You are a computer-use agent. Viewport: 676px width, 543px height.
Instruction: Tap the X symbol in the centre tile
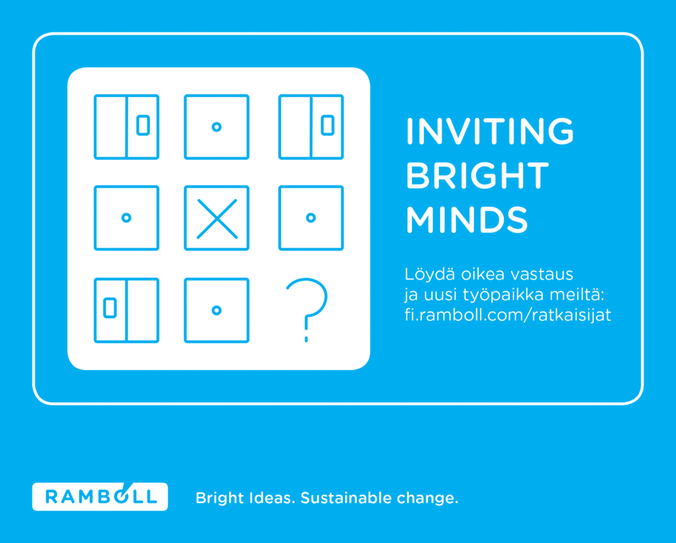click(217, 218)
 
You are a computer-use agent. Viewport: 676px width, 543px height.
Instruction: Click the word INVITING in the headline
click(490, 131)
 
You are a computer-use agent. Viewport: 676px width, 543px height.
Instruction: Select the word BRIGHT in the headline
click(477, 176)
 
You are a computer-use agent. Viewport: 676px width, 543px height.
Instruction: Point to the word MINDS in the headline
click(467, 219)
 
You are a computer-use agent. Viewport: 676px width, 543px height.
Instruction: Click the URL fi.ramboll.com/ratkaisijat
click(508, 315)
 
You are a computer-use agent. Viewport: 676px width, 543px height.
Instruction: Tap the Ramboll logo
click(100, 496)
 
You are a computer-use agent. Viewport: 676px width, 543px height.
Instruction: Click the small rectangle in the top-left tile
click(143, 125)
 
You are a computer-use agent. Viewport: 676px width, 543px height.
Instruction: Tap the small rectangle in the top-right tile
click(327, 125)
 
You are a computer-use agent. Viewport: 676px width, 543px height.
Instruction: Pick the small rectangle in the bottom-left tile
click(110, 307)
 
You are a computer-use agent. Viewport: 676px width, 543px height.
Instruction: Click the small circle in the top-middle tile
click(217, 127)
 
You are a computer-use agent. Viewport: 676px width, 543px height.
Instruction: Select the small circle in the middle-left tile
click(126, 218)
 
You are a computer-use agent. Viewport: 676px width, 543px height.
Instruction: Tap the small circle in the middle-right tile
click(311, 218)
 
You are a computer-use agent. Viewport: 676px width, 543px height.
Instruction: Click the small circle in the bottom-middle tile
click(217, 310)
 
